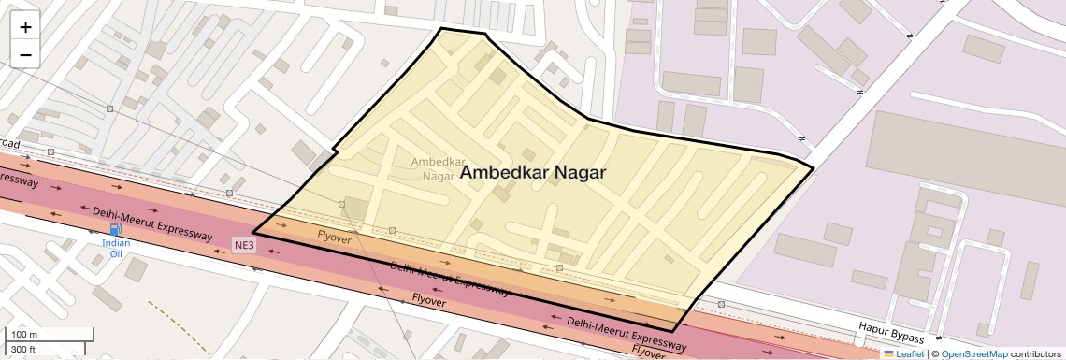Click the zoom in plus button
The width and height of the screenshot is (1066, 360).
coord(25,27)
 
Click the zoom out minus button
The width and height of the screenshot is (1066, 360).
coord(25,55)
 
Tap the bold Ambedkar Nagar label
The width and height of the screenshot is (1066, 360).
coord(534,173)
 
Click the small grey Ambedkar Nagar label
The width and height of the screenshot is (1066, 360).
coord(432,168)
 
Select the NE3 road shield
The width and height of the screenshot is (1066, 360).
coord(244,245)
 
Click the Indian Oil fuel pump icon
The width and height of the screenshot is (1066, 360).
coord(115,229)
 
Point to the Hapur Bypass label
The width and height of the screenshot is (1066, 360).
coord(891,332)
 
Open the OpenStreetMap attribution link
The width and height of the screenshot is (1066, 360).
coord(973,353)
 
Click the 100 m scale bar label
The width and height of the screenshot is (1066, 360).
coord(23,335)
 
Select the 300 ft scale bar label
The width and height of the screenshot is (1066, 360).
coord(23,350)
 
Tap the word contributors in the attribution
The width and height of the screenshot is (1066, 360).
coord(1035,353)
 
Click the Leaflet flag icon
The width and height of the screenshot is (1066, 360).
coord(888,353)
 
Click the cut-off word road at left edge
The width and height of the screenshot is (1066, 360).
coord(9,144)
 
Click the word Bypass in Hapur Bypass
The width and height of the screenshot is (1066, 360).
coord(907,334)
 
